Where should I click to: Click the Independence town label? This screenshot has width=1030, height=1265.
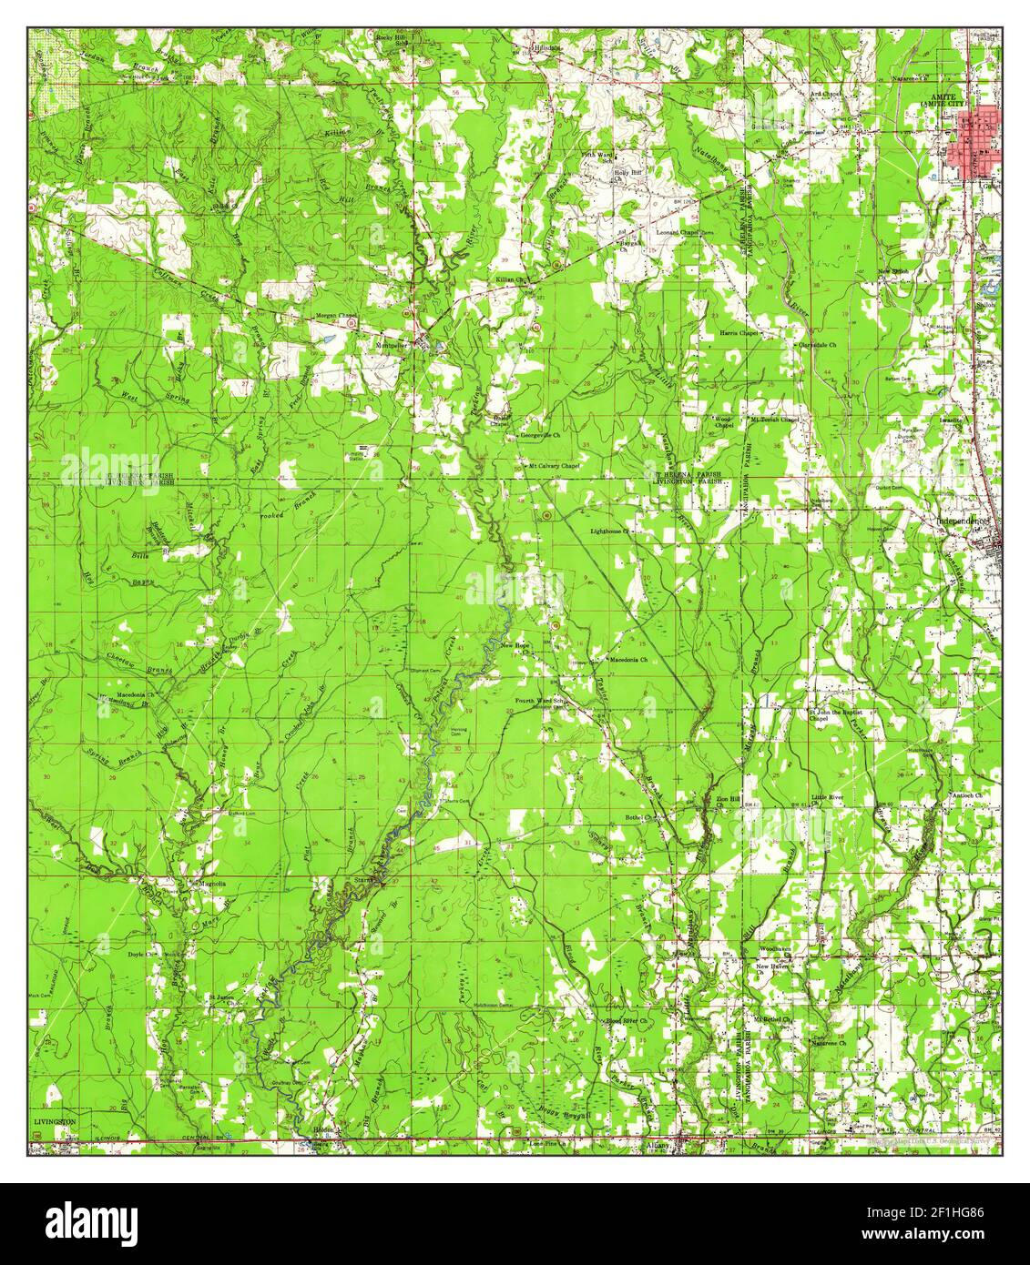pos(962,521)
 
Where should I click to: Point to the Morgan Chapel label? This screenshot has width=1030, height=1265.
pos(337,316)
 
